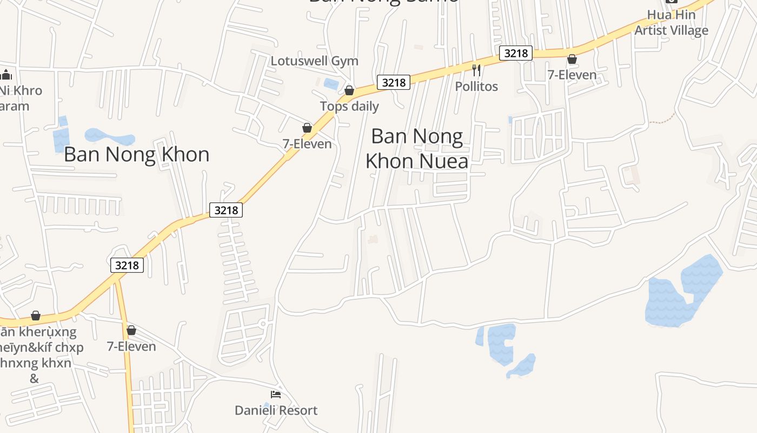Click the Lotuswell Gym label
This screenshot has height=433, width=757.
coord(314,61)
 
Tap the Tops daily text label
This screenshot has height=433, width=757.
coord(349,106)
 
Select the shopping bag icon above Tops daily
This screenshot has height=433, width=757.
coord(349,90)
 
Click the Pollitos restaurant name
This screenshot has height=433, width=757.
coord(476,86)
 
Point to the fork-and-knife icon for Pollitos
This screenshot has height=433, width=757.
coord(476,70)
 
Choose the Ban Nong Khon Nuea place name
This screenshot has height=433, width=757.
coord(417,148)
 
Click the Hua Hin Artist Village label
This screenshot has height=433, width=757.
coord(671,23)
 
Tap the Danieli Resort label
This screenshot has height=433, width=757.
coord(276,410)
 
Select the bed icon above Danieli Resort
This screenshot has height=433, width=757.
coord(276,395)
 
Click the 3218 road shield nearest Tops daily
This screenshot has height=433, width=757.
coord(393,82)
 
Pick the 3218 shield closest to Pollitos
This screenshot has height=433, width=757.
coord(516,53)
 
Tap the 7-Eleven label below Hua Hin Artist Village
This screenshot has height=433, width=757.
coord(572,75)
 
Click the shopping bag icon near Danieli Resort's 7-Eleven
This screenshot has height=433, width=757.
coord(131,330)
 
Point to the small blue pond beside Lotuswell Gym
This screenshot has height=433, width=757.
coord(330,84)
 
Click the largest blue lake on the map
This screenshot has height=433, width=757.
coord(684,292)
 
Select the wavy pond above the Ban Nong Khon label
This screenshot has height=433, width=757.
coord(110,137)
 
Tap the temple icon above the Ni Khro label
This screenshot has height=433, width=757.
coord(6,75)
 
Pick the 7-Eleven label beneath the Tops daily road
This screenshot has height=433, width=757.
coord(307,143)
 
